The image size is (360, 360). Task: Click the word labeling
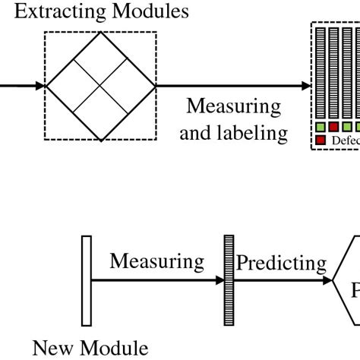pyautogui.click(x=254, y=134)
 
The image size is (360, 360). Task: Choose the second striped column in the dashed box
pyautogui.click(x=333, y=73)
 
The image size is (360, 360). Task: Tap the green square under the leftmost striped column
pyautogui.click(x=321, y=126)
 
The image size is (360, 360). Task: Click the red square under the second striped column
pyautogui.click(x=333, y=126)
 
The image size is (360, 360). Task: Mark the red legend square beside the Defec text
pyautogui.click(x=321, y=141)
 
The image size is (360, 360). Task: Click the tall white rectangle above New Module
pyautogui.click(x=87, y=279)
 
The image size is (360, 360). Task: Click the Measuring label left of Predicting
pyautogui.click(x=156, y=262)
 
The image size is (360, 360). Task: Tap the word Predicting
pyautogui.click(x=281, y=263)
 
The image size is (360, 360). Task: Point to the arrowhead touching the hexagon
pyautogui.click(x=330, y=280)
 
